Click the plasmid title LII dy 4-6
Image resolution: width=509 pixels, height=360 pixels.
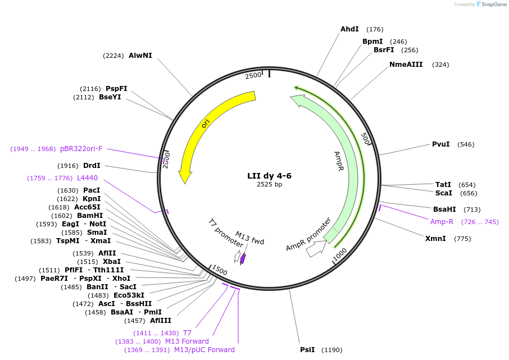[269, 176]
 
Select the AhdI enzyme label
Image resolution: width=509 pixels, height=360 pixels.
[349, 29]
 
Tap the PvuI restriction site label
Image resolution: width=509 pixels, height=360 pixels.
[440, 144]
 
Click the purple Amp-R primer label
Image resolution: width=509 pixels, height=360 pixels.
[442, 221]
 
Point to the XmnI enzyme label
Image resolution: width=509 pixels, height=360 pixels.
[435, 239]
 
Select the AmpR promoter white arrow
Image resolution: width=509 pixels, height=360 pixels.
[316, 249]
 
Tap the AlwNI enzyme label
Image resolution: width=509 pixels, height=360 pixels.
[140, 56]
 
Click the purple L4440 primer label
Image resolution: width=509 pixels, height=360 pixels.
[87, 178]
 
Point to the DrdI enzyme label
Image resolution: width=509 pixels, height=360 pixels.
[91, 166]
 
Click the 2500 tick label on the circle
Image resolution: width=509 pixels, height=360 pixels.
[253, 75]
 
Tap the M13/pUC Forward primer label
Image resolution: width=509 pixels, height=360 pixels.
[204, 350]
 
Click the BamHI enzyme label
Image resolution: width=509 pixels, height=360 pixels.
[89, 215]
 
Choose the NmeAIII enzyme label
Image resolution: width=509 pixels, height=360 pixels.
[406, 65]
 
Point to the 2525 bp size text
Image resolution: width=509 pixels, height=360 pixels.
[269, 184]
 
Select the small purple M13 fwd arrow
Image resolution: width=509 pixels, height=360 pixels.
[243, 259]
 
